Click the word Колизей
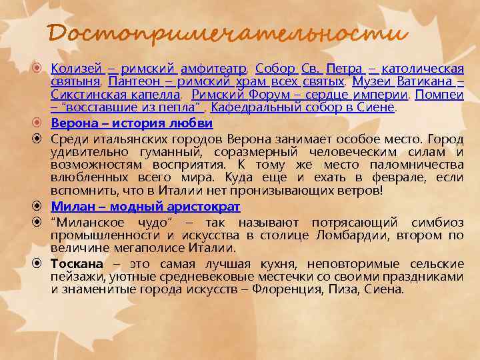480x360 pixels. [x=76, y=69]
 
